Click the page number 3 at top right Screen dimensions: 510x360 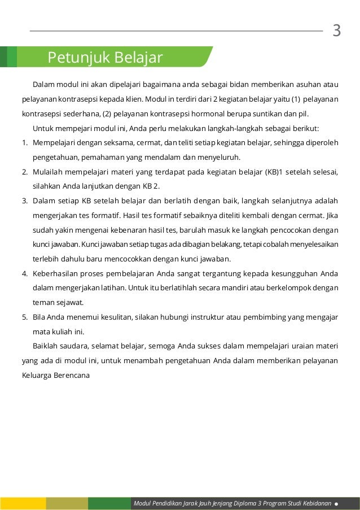tap(337, 30)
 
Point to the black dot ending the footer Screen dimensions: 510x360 tap(336, 503)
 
